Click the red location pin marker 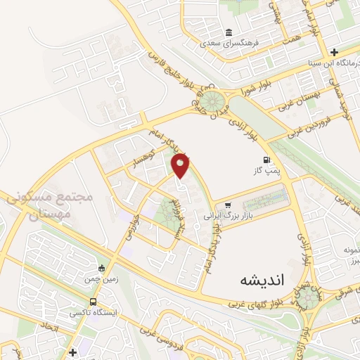point(181,165)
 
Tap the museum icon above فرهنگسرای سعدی point(229,32)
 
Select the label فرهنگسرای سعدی point(229,43)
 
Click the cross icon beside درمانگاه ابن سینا point(334,52)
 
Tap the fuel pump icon point(266,160)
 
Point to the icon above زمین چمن point(103,268)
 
